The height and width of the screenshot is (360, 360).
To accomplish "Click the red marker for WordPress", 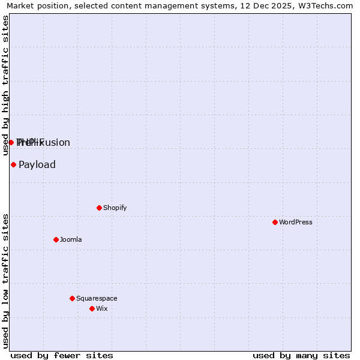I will pos(275,222).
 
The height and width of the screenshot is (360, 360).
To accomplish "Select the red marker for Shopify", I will pos(99,208).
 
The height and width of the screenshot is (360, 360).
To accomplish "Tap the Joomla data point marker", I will pos(56,239).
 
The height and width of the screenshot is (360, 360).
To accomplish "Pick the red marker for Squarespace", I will pos(72,298).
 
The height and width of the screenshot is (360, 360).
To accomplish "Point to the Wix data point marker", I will pos(92,308).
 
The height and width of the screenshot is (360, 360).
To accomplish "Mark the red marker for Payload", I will pos(13,164).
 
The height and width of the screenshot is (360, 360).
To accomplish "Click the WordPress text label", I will pos(296,222).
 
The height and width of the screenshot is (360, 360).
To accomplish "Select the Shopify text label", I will pos(115,208).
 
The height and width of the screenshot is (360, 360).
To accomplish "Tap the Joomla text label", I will pos(71,239).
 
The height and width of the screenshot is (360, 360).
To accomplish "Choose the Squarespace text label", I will pos(97,298).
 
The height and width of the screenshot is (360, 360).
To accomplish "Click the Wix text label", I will pos(102,308).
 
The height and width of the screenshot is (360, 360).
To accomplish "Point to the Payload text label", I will pos(37,164).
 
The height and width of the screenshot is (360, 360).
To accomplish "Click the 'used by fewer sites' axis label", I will pos(62,355).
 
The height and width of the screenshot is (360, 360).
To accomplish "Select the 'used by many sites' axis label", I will pos(301,355).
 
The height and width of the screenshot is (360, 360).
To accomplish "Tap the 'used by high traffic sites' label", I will pos(6,85).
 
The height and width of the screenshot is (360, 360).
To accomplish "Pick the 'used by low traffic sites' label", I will pos(6,281).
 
